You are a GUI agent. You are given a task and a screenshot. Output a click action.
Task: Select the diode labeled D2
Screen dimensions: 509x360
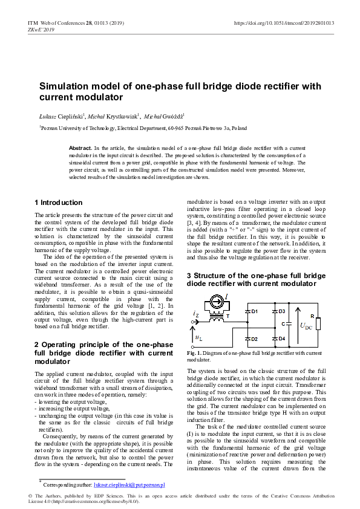[x=247, y=339]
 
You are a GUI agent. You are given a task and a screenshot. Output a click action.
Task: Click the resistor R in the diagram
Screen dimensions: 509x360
[x=319, y=325]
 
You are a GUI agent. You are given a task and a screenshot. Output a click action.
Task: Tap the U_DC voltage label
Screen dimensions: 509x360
[x=306, y=326]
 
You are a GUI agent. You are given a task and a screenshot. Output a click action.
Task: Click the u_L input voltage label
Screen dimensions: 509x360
[x=198, y=336]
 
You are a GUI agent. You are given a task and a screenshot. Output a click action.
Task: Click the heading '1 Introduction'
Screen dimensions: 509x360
[x=58, y=203]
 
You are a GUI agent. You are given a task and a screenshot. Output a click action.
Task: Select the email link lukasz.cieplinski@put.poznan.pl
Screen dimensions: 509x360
[x=129, y=485]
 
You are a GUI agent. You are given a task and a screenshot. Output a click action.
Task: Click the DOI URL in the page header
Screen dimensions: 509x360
[x=284, y=23]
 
